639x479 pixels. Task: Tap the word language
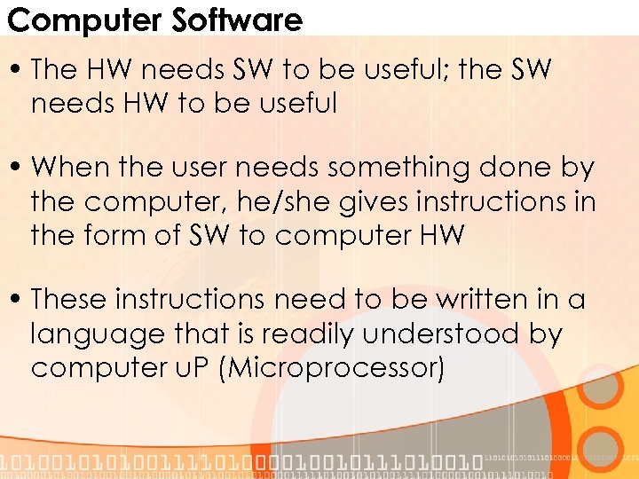[98, 335]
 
